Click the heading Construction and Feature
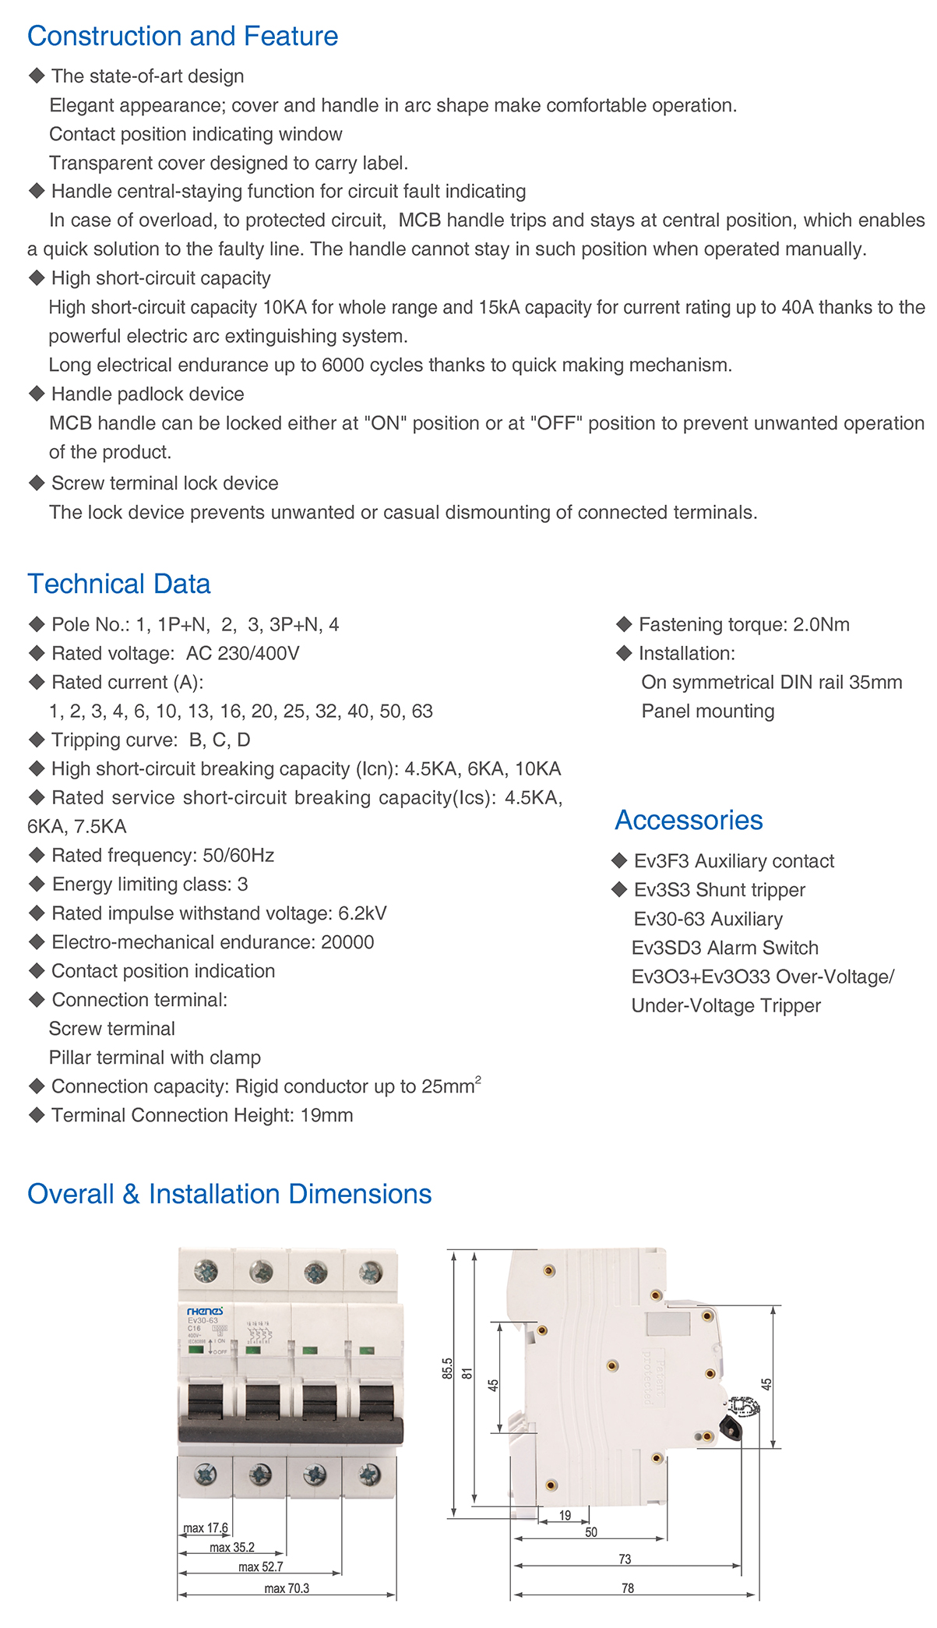pyautogui.click(x=182, y=36)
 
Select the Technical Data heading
pyautogui.click(x=118, y=584)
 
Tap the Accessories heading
pyautogui.click(x=689, y=820)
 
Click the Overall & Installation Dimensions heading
pyautogui.click(x=229, y=1194)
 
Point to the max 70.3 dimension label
pyautogui.click(x=287, y=1588)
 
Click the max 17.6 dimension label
pyautogui.click(x=206, y=1528)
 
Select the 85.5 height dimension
pyautogui.click(x=448, y=1368)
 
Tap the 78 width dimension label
pyautogui.click(x=628, y=1588)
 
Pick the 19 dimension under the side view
pyautogui.click(x=565, y=1516)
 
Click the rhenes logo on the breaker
pyautogui.click(x=205, y=1312)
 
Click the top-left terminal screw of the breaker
pyautogui.click(x=206, y=1272)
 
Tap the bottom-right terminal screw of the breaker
pyautogui.click(x=369, y=1474)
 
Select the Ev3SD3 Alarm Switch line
pyautogui.click(x=725, y=948)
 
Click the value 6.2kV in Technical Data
pyautogui.click(x=362, y=913)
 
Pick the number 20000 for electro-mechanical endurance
pyautogui.click(x=347, y=942)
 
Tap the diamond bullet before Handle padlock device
pyautogui.click(x=36, y=394)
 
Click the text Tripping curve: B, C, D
pyautogui.click(x=150, y=740)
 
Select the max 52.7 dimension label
pyautogui.click(x=261, y=1567)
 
